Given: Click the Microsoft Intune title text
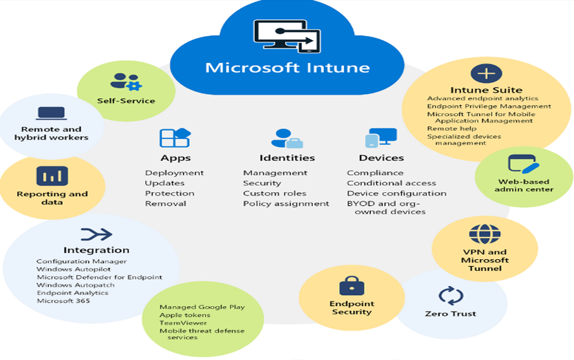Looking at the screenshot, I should click(287, 68).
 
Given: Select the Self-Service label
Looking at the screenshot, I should click(126, 100).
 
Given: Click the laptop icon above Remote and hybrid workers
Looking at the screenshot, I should click(51, 113).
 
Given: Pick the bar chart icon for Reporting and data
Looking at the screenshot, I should click(52, 176).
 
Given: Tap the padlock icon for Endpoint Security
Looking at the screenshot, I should click(351, 285).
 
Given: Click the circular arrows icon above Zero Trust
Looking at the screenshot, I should click(450, 295).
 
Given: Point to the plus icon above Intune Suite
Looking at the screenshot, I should click(486, 73).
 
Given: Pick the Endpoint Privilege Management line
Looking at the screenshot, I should click(489, 106).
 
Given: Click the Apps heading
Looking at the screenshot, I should click(175, 158).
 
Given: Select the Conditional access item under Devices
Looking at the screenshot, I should click(391, 183).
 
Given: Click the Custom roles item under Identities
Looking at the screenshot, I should click(274, 193).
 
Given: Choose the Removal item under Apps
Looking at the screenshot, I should click(165, 204).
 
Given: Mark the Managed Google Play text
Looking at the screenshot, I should click(202, 307).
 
